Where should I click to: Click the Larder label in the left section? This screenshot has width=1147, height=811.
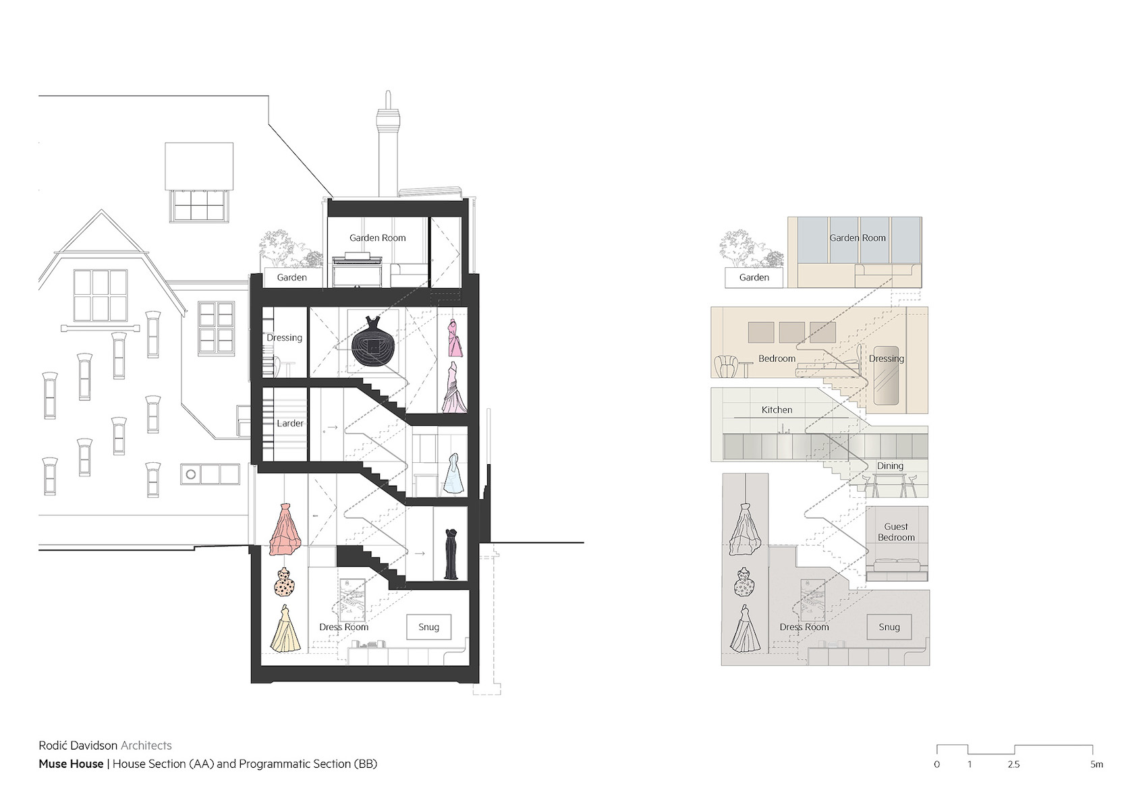pyautogui.click(x=290, y=424)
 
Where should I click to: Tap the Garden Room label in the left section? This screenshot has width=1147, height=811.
pyautogui.click(x=377, y=237)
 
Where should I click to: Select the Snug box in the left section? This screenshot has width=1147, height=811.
pyautogui.click(x=428, y=627)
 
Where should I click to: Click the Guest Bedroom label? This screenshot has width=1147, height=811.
pyautogui.click(x=896, y=532)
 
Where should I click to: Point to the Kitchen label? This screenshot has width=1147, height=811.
pyautogui.click(x=777, y=410)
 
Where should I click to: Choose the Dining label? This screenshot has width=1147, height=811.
pyautogui.click(x=890, y=466)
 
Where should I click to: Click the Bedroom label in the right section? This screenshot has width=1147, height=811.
pyautogui.click(x=777, y=358)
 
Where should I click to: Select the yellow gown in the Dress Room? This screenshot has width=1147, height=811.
pyautogui.click(x=285, y=629)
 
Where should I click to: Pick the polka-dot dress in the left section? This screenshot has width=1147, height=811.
pyautogui.click(x=285, y=583)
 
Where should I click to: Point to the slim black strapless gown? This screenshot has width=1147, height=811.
pyautogui.click(x=451, y=555)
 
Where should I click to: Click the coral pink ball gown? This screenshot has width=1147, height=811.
pyautogui.click(x=287, y=530)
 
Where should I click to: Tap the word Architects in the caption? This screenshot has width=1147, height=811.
pyautogui.click(x=146, y=746)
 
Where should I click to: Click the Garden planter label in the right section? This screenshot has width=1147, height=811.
pyautogui.click(x=754, y=277)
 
